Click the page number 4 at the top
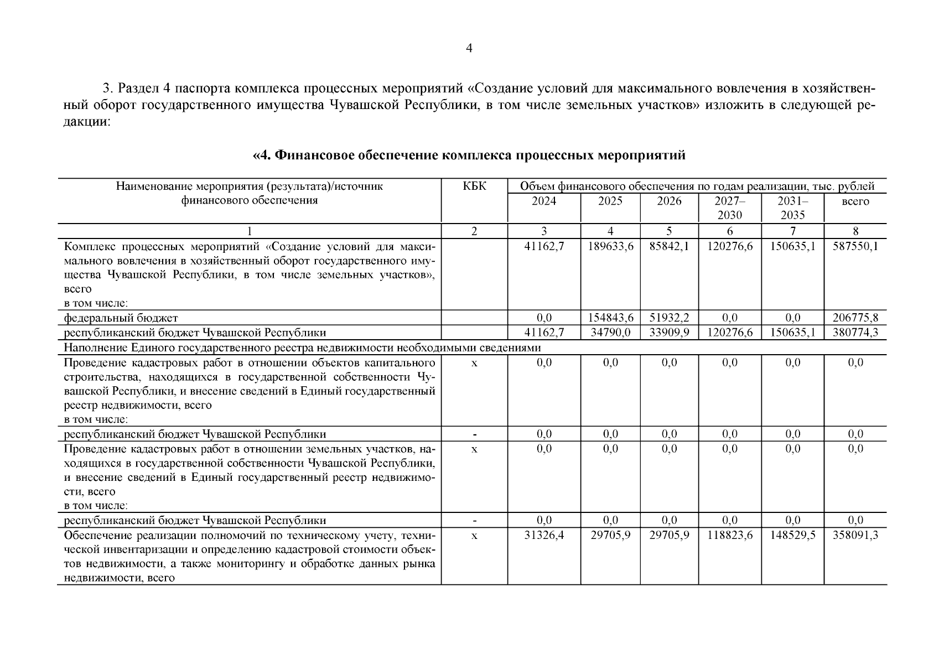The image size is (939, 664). click(469, 49)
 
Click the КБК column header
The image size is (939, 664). click(474, 186)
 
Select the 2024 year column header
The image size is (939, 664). click(544, 201)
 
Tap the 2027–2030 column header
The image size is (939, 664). click(730, 208)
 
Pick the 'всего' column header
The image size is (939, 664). click(855, 201)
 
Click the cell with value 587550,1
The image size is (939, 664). click(855, 247)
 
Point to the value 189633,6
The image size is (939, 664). click(610, 247)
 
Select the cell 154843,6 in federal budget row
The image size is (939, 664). click(610, 318)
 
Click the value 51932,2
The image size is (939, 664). click(669, 318)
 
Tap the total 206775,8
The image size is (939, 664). click(855, 318)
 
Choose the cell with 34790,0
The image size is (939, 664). click(610, 333)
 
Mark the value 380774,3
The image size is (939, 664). click(855, 333)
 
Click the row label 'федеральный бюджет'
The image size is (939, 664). click(121, 318)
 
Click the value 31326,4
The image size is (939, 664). click(544, 536)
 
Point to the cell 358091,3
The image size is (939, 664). click(855, 536)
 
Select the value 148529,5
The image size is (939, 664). click(792, 536)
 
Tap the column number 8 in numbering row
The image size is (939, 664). click(855, 231)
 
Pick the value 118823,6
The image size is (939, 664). click(730, 536)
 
